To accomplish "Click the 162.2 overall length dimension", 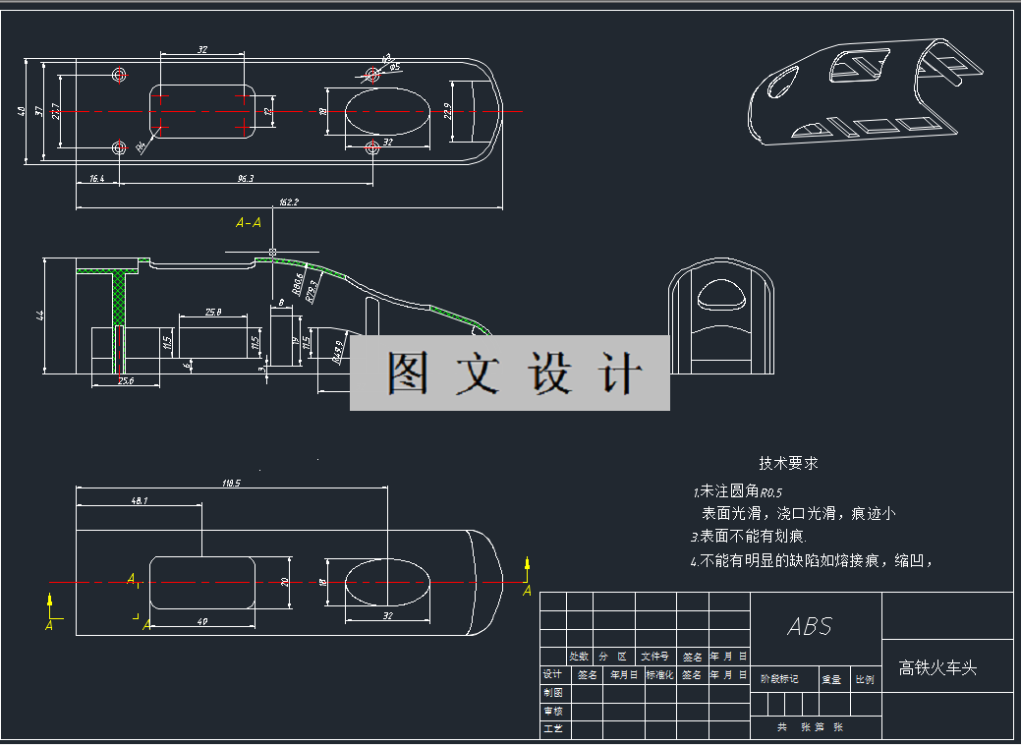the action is click(x=288, y=201).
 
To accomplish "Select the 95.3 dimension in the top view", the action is click(x=246, y=179).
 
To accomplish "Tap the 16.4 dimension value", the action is click(x=96, y=179).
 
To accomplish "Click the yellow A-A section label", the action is click(x=249, y=223).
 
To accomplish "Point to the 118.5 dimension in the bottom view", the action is click(x=231, y=483).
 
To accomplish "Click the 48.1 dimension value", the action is click(x=139, y=500).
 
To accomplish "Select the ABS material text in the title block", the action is click(x=810, y=626).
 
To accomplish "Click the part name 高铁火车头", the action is click(x=938, y=668).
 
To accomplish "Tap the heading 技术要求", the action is click(x=788, y=463).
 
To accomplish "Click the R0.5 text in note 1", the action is click(x=771, y=492).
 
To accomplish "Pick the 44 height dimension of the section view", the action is click(x=40, y=316).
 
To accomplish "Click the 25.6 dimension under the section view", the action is click(x=125, y=380).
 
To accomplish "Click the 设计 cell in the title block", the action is click(x=552, y=674).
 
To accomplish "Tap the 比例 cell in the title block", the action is click(x=865, y=679).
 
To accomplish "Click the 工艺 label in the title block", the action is click(x=552, y=729).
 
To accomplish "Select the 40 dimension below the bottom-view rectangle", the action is click(x=202, y=620).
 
